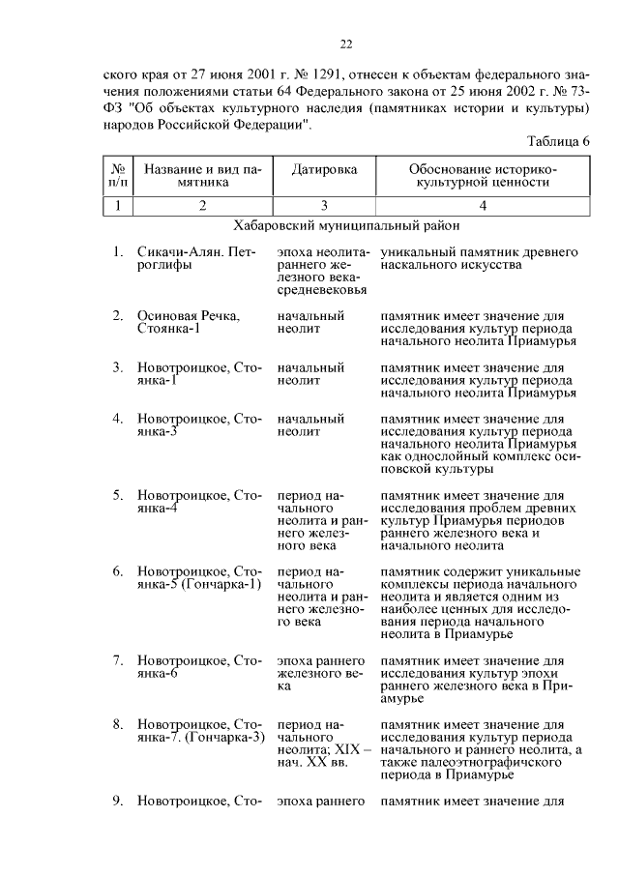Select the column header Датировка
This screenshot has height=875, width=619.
point(324,168)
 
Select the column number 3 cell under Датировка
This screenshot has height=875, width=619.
point(324,204)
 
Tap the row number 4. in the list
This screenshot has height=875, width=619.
point(117,419)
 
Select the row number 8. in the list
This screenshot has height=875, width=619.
point(117,724)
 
